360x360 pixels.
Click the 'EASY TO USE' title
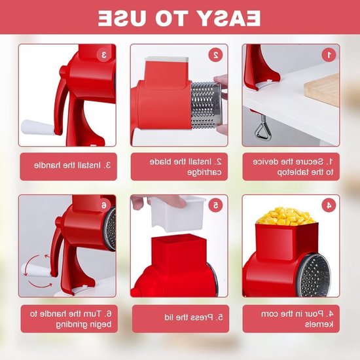[x=179, y=18]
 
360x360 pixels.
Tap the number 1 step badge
[x=329, y=54]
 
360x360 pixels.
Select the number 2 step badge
[x=215, y=54]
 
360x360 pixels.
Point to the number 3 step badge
[x=104, y=54]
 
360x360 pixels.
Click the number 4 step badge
[x=329, y=205]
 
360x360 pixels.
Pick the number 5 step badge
[x=215, y=205]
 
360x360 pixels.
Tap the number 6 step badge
[x=104, y=205]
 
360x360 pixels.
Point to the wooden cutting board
[x=322, y=90]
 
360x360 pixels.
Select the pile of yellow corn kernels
[x=286, y=216]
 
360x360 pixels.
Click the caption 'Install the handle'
[x=73, y=166]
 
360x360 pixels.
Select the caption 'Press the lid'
[x=194, y=317]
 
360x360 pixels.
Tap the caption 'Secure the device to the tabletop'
[x=293, y=167]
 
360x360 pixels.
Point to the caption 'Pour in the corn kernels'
[x=297, y=319]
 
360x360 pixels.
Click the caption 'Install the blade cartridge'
[x=186, y=167]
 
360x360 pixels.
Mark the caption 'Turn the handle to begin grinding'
[x=71, y=319]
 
